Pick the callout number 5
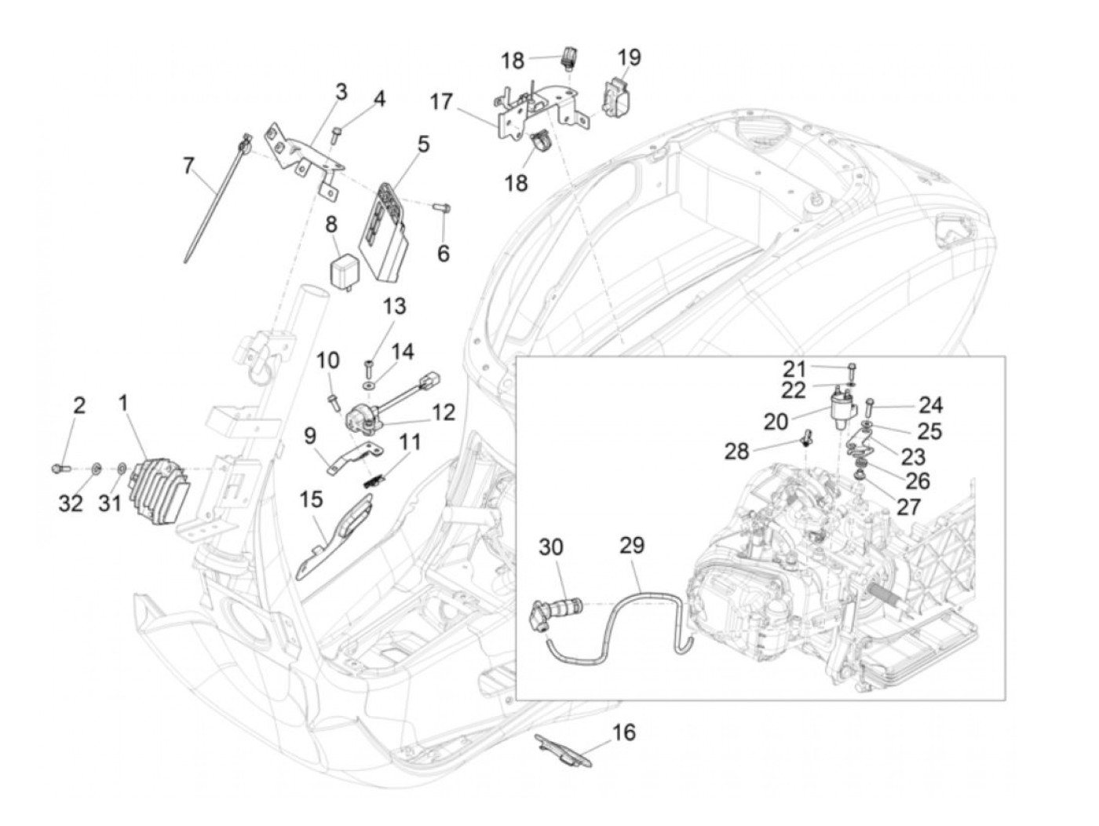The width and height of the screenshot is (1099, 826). pyautogui.click(x=423, y=144)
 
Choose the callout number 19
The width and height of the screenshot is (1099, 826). pyautogui.click(x=629, y=57)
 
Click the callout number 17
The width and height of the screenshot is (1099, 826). pyautogui.click(x=442, y=102)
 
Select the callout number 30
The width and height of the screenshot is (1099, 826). pyautogui.click(x=551, y=547)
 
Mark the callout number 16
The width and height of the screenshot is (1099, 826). pyautogui.click(x=624, y=733)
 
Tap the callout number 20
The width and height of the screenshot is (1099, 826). pyautogui.click(x=776, y=422)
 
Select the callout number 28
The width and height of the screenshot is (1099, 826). pyautogui.click(x=736, y=451)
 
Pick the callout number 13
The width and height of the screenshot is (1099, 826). pyautogui.click(x=395, y=305)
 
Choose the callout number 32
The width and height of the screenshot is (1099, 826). pyautogui.click(x=71, y=503)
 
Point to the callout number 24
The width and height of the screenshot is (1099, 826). pyautogui.click(x=931, y=405)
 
